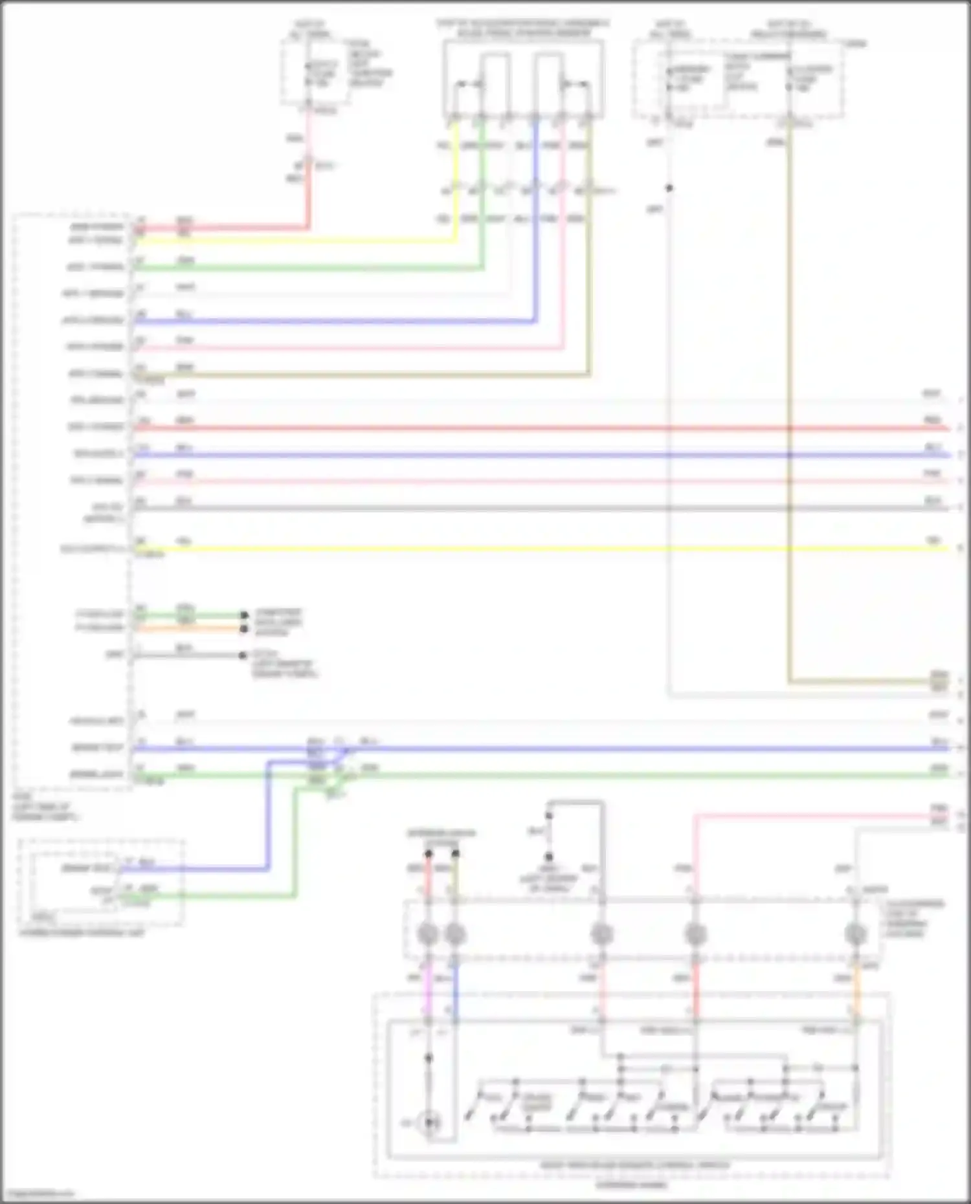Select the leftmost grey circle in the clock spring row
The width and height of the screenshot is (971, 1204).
point(428,934)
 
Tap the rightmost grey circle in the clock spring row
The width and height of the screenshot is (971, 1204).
point(855,934)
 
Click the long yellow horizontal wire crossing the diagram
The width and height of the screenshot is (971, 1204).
point(537,549)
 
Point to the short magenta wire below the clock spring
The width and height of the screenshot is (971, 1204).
point(427,990)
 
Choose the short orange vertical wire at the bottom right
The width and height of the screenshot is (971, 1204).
point(855,990)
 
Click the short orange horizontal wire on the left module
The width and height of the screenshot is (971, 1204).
point(188,628)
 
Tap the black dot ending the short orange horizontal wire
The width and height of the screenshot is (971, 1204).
point(244,629)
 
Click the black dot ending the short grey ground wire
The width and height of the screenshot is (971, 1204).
point(243,655)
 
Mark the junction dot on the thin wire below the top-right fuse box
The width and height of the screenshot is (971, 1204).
point(669,188)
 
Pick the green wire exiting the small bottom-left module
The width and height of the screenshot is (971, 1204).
point(214,896)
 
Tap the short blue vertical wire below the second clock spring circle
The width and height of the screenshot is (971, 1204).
point(455,990)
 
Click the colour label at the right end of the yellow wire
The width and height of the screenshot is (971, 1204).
point(933,540)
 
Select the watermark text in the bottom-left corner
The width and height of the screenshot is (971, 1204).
point(38,1194)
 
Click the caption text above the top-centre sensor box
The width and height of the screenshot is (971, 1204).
point(523,28)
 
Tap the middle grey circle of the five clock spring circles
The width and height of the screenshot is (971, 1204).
point(601,934)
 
